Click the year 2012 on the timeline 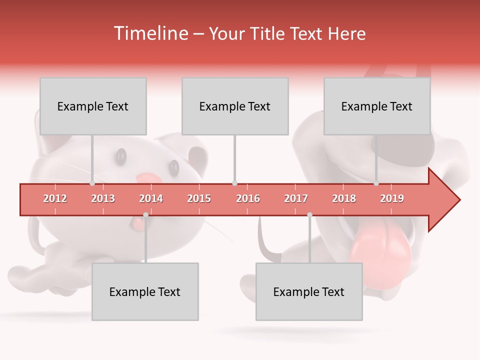tap(55, 198)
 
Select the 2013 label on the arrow tap(103, 198)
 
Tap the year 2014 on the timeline tap(151, 198)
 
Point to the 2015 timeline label tap(199, 198)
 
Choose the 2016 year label tap(248, 198)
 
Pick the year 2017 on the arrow tap(296, 198)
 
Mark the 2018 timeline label tap(344, 198)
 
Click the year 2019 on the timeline tap(392, 198)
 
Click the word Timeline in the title tap(150, 33)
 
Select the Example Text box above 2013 tap(93, 106)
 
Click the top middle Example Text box tap(235, 106)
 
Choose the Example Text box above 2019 tap(377, 106)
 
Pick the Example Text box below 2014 tap(145, 291)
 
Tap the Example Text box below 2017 tap(309, 291)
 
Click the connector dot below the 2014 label tap(145, 215)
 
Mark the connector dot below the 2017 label tap(309, 215)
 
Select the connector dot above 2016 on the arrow tap(234, 183)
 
